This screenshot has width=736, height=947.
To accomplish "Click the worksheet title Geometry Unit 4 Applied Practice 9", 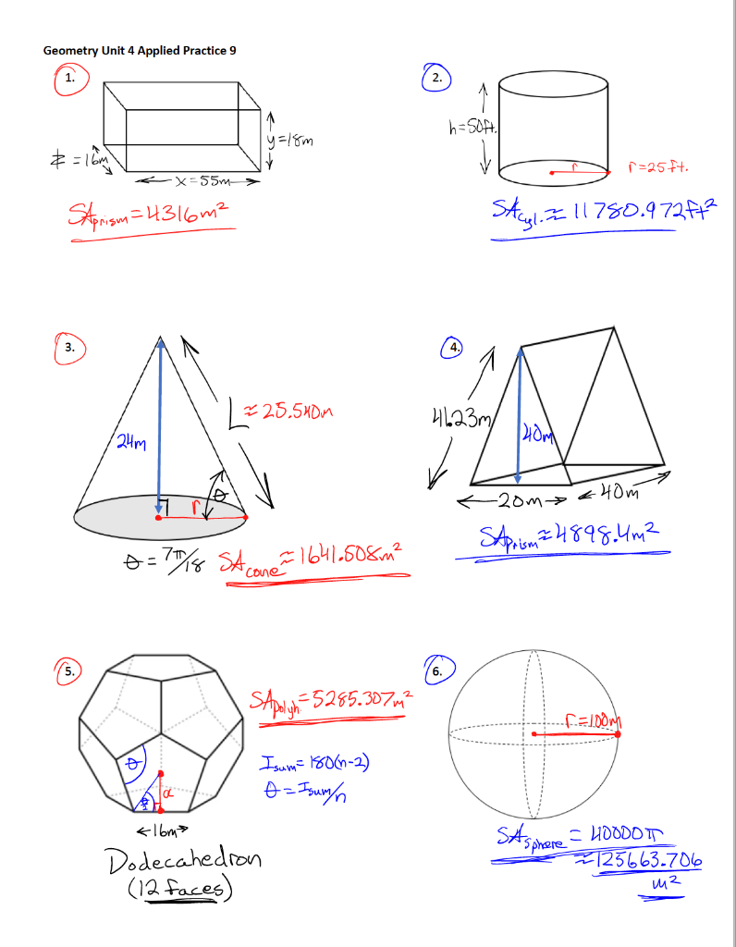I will (140, 50).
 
